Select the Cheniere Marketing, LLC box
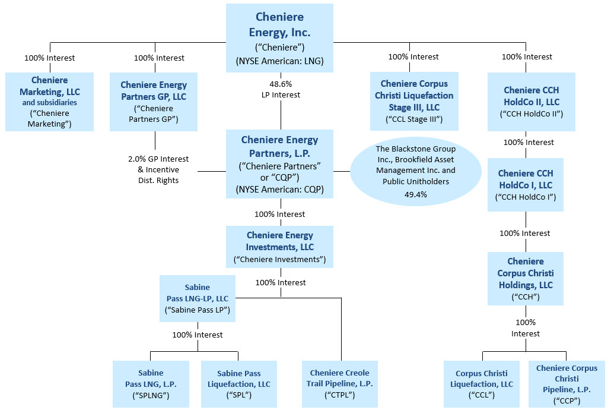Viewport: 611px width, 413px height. pos(49,102)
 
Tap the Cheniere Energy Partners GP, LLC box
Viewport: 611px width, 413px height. pos(154,102)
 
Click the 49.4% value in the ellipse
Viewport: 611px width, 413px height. pos(416,194)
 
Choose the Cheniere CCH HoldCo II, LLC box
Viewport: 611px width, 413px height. pos(531,102)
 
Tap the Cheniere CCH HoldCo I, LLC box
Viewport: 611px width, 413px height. pos(525,185)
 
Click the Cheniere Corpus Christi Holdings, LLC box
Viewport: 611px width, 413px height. pos(525,278)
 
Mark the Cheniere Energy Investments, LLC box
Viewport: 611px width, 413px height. pos(279,247)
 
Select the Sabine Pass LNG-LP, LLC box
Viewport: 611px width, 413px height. pos(197,299)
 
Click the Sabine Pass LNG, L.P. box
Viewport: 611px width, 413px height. pos(151,384)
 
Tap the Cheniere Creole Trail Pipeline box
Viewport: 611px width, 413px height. pos(339,384)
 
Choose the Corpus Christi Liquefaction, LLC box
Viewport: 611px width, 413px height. pos(481,384)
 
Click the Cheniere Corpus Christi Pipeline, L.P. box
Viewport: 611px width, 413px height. pos(567,384)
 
